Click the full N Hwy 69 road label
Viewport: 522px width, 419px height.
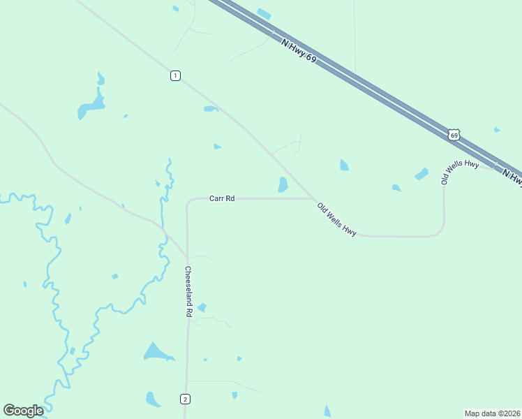[x=299, y=52]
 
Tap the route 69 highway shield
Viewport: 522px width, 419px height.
[x=454, y=134]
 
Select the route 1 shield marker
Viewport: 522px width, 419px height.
[x=175, y=75]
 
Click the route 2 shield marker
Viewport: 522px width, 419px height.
[x=184, y=399]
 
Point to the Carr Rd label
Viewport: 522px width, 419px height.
[x=222, y=198]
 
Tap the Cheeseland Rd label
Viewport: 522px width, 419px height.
[x=188, y=292]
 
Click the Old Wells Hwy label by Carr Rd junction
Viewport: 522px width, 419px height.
[x=336, y=219]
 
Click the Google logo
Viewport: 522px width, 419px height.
[x=23, y=410]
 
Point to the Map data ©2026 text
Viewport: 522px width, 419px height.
[x=492, y=413]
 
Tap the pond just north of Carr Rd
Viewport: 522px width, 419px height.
[x=283, y=184]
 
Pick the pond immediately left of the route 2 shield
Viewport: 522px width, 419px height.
[x=153, y=399]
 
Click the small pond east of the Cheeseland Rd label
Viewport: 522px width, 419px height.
[x=202, y=307]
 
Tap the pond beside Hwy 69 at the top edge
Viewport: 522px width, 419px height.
[x=264, y=13]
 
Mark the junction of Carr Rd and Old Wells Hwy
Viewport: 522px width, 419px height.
[x=313, y=198]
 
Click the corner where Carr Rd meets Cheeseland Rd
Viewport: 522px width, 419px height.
[x=188, y=202]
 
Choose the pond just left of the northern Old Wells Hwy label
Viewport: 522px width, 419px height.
[x=422, y=174]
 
